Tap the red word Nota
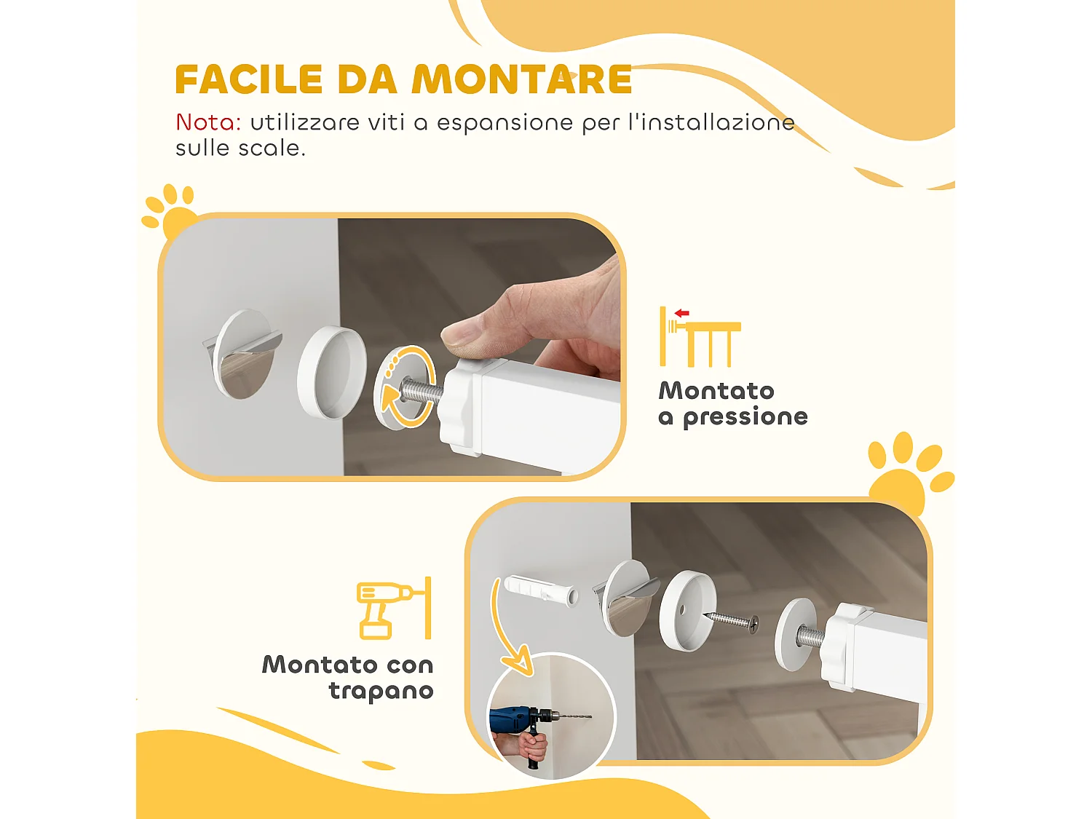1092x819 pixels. [x=208, y=122]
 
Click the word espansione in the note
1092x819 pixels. [x=505, y=123]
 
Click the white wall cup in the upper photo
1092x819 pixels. [x=331, y=371]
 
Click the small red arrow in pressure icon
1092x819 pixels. [x=681, y=313]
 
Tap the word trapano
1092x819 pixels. [x=381, y=691]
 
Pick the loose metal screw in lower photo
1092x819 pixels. [x=731, y=620]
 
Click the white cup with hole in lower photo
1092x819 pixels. [x=687, y=610]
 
